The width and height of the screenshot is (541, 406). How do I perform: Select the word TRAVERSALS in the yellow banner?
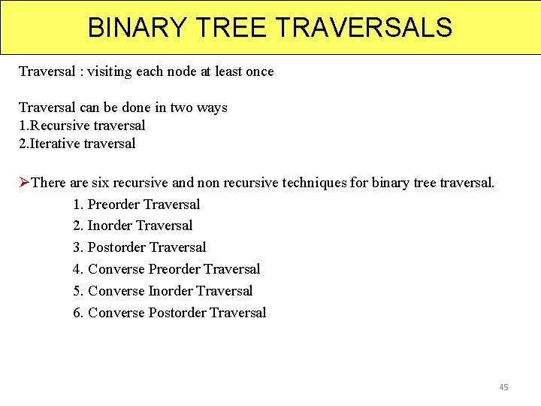365,28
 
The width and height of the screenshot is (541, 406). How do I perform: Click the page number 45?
503,387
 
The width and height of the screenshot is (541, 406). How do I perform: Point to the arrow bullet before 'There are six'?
24,183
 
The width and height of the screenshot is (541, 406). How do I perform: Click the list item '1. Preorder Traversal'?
137,205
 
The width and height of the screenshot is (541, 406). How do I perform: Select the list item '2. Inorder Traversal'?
133,226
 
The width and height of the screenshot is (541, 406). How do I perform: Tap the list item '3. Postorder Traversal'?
140,247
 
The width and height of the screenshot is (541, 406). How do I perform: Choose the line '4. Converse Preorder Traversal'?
167,269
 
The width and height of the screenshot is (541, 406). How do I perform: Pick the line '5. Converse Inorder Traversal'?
163,291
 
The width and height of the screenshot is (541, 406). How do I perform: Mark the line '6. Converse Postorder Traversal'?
170,313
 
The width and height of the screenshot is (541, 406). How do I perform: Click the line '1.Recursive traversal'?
82,126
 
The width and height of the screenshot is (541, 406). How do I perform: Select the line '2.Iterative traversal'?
77,144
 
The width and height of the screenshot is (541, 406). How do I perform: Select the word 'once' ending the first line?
258,72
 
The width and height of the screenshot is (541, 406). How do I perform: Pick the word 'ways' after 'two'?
212,108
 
